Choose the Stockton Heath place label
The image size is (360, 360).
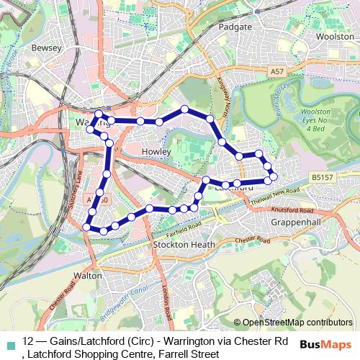click(180, 245)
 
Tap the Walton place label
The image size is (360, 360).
click(87, 274)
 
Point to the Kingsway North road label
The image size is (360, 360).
click(215, 94)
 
